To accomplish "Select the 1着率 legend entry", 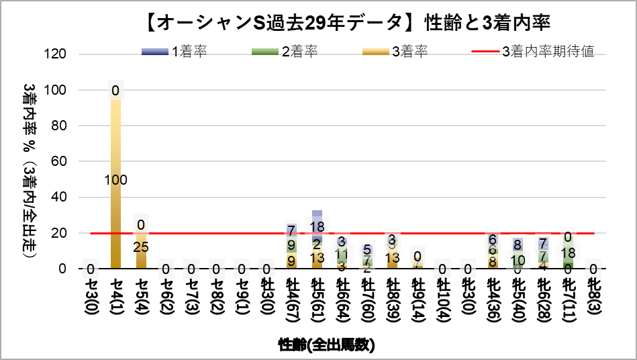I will [x=174, y=52].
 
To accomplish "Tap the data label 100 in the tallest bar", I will [x=115, y=180].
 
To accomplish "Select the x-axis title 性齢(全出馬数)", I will [x=327, y=345].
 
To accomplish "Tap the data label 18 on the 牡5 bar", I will [x=317, y=226].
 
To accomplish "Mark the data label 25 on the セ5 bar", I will [x=141, y=247].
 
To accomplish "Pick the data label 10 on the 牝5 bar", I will [x=518, y=260].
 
